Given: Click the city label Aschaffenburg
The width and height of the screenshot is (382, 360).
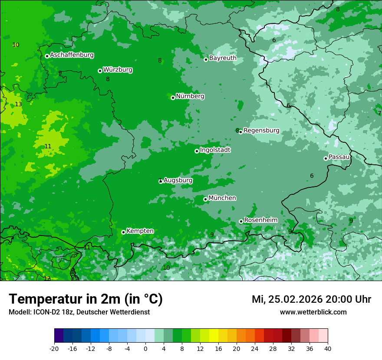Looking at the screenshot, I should coord(72,55).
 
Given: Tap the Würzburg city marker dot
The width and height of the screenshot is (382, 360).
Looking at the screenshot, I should coord(100,71).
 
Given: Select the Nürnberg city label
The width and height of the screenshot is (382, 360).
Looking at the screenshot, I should coord(190,96).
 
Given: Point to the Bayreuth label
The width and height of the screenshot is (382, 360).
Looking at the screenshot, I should coord(223,58).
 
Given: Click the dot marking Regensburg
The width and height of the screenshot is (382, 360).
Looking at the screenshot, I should coord(240,132).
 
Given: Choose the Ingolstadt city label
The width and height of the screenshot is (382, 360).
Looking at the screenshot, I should coord(215,150).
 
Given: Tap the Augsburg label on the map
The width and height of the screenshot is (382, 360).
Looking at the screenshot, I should coord(178,180).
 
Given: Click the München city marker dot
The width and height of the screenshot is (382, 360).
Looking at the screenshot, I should coord(205,200).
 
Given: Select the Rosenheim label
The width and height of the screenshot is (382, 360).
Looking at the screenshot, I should coord(260,220).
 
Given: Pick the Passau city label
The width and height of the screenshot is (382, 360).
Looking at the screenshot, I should coord(339,157).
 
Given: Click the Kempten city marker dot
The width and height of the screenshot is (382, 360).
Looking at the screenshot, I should coord(123,232).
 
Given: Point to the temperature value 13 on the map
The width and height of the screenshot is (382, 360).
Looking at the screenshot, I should coord(18,105).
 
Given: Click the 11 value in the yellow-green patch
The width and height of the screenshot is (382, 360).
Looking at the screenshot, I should coord(48,147).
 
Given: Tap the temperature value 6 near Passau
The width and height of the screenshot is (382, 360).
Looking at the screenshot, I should coord(312,176).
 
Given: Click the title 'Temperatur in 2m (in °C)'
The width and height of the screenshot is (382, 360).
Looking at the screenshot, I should coord(86,299).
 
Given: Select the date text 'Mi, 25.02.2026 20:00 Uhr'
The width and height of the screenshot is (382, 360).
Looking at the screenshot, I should coord(311,299).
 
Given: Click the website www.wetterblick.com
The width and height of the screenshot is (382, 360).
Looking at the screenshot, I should coord(313,312).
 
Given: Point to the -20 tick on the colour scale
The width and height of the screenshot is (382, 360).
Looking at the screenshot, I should coord(54,348).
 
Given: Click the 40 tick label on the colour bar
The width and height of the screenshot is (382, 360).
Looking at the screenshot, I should coord(327,348).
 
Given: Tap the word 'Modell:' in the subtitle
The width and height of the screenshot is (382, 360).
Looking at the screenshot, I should coord(20,312).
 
